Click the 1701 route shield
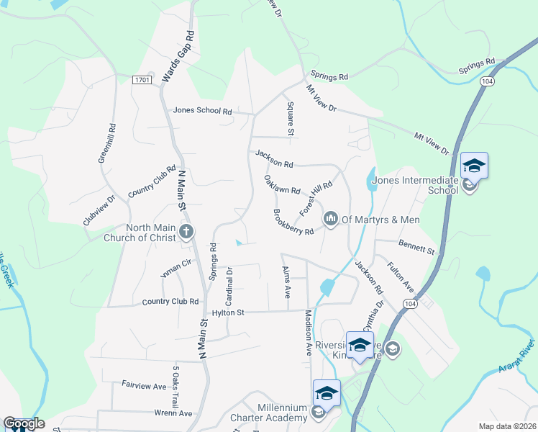pyautogui.click(x=142, y=80)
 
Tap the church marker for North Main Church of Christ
pyautogui.click(x=186, y=231)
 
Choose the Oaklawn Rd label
pyautogui.click(x=281, y=190)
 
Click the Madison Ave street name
pyautogui.click(x=308, y=332)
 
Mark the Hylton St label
pyautogui.click(x=229, y=312)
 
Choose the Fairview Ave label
pyautogui.click(x=144, y=386)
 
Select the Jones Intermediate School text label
pyautogui.click(x=413, y=185)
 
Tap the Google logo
pyautogui.click(x=23, y=423)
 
